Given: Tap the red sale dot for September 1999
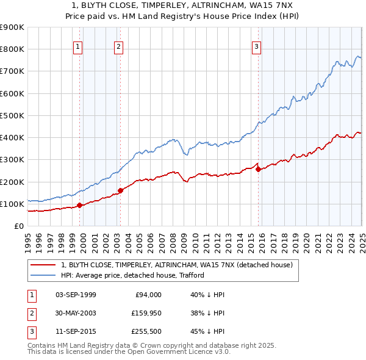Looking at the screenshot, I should pos(80,205).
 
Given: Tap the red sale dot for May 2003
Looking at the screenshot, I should pos(121,190).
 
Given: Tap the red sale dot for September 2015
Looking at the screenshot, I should pos(258,170).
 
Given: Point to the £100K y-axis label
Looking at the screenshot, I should pos(12,204).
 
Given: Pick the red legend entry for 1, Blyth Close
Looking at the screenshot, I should pos(177,265).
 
